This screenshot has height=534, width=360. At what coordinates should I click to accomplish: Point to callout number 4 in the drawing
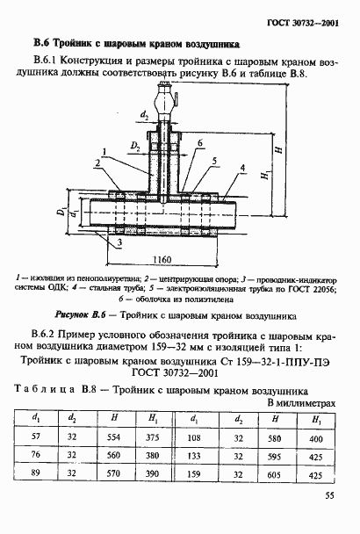(x=242, y=166)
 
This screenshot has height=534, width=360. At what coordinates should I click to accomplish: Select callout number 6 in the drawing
(x=200, y=142)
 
